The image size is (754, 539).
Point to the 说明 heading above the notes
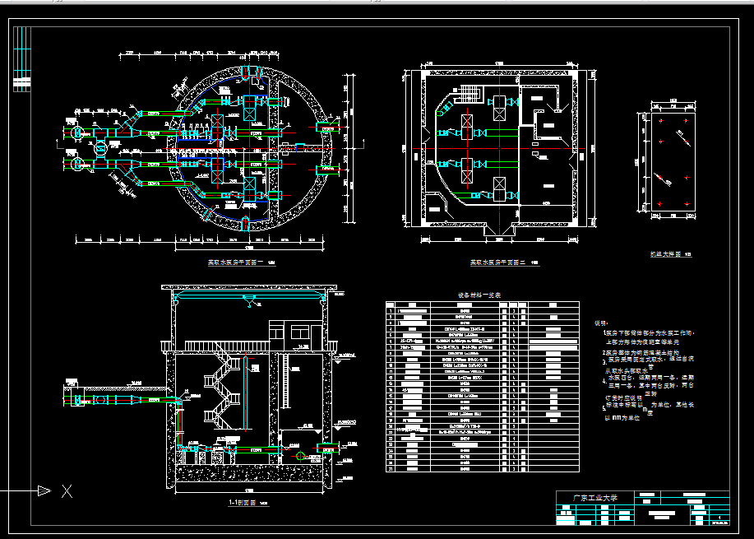[x=603, y=323]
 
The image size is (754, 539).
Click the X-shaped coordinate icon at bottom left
[x=67, y=491]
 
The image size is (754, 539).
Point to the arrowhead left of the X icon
[x=44, y=491]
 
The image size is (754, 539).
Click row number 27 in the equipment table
[x=390, y=469]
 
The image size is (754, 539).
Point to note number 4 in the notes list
[x=603, y=379]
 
